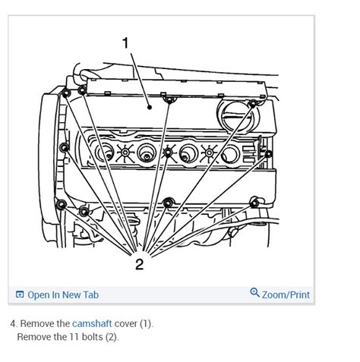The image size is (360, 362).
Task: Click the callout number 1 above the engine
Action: pyautogui.click(x=125, y=43)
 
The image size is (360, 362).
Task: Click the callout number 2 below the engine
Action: pyautogui.click(x=139, y=263)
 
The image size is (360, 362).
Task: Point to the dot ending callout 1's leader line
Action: pyautogui.click(x=150, y=107)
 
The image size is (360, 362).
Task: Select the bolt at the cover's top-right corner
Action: pyautogui.click(x=252, y=105)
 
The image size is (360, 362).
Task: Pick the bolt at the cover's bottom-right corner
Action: pyautogui.click(x=254, y=203)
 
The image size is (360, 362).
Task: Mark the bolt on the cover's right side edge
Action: pyautogui.click(x=268, y=154)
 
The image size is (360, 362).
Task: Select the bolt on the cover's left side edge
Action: pyautogui.click(x=65, y=146)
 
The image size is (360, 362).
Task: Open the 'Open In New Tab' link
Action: pyautogui.click(x=63, y=294)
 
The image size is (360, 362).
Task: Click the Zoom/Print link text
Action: pyautogui.click(x=286, y=294)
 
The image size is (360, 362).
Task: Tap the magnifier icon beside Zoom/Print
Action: pyautogui.click(x=254, y=293)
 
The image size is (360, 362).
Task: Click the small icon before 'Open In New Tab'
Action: pyautogui.click(x=20, y=294)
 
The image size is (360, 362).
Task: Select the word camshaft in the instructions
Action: pyautogui.click(x=92, y=323)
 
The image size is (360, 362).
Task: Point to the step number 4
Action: pyautogui.click(x=13, y=323)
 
